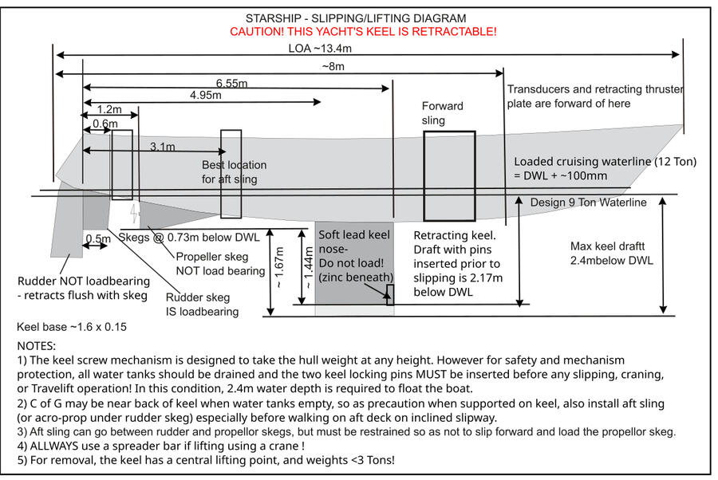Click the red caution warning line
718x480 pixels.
tap(363, 31)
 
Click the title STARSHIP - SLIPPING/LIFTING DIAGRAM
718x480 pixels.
tap(355, 18)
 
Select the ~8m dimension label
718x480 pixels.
tap(333, 66)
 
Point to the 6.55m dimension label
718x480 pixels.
tap(231, 83)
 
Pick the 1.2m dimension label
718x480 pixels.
tap(108, 109)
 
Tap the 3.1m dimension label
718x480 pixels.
tap(163, 147)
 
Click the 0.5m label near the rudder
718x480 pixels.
tap(98, 238)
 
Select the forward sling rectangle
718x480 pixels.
tap(449, 175)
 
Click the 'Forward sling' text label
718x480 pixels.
tap(442, 113)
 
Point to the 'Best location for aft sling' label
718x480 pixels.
tap(233, 171)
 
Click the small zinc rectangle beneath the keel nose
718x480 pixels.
tap(390, 294)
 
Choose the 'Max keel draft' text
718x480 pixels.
tap(611, 254)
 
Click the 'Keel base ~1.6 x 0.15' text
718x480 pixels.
tap(71, 327)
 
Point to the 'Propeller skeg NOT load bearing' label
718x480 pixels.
tap(219, 264)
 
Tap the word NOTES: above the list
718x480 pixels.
tap(36, 346)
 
